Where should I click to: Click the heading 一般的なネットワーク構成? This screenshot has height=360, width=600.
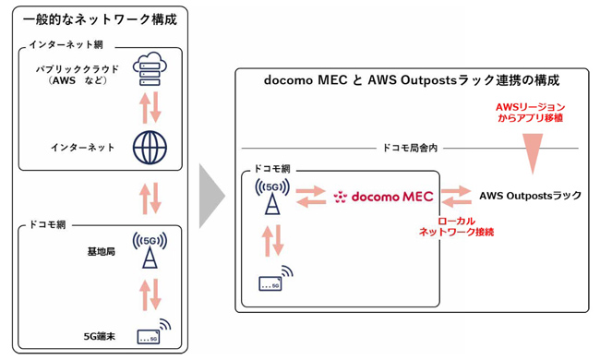pos(100,18)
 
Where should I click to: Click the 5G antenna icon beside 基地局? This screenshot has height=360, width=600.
pos(149,249)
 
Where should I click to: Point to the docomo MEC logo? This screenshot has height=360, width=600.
pos(383,197)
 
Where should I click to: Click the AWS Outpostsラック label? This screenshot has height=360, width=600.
pos(531,197)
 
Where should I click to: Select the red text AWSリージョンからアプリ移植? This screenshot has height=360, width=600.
pos(530,113)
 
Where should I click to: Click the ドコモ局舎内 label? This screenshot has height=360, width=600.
pos(410,148)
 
